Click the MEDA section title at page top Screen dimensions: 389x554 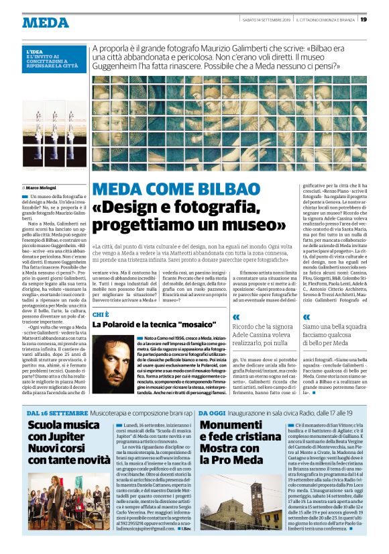point(45,22)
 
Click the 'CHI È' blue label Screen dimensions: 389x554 point(101,314)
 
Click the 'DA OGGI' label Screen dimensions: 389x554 point(213,412)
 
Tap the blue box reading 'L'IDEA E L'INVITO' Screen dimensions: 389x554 point(54,58)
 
